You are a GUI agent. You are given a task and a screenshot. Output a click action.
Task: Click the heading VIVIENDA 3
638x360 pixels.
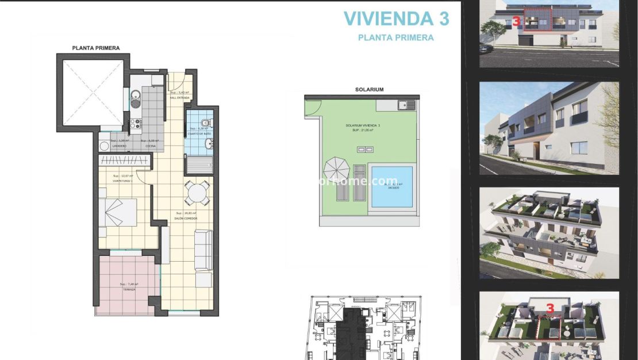tap(396, 18)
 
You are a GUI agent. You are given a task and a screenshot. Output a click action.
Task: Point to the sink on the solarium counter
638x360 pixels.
tap(407, 105)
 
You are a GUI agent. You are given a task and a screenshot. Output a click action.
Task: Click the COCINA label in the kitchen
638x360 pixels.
tap(151, 145)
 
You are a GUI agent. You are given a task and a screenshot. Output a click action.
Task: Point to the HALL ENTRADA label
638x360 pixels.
tap(179, 97)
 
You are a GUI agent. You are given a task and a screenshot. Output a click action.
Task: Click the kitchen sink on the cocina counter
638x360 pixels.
tap(135, 98)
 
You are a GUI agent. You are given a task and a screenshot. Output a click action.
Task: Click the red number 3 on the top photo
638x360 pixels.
tap(517, 22)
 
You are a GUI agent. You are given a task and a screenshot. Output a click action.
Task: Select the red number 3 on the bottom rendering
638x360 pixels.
tap(550, 309)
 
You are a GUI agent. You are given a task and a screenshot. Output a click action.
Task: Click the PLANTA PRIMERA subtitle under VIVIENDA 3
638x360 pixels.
tap(395, 38)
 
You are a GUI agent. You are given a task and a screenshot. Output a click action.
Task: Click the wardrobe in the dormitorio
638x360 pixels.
tap(124, 162)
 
